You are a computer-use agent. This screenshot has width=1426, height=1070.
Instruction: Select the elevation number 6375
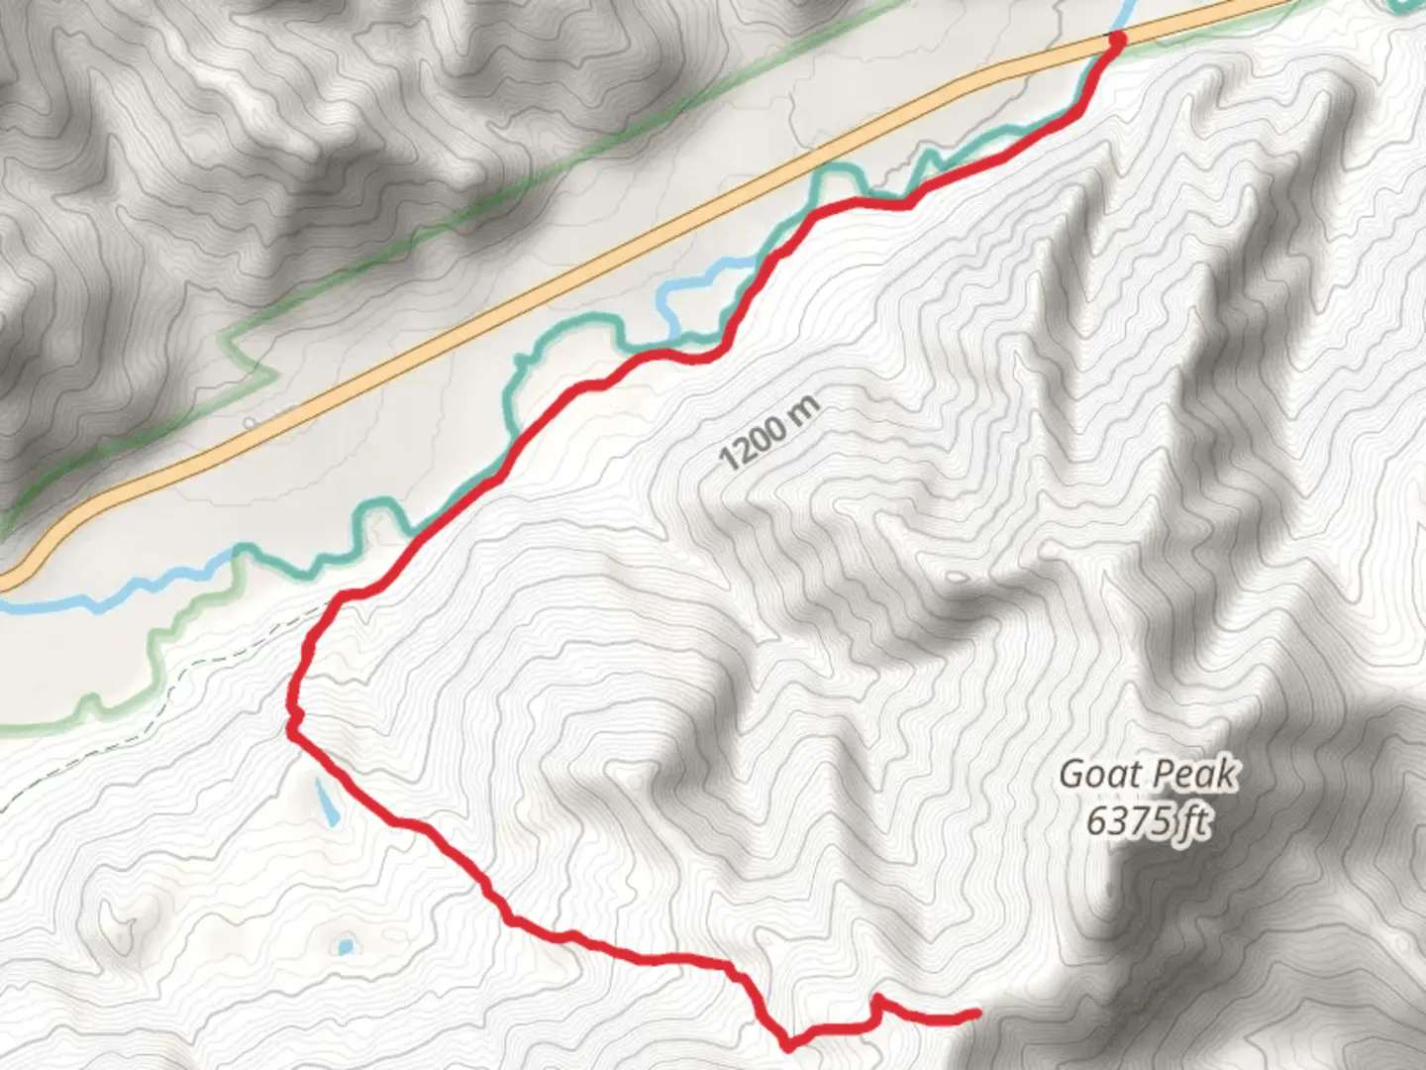coord(1126,821)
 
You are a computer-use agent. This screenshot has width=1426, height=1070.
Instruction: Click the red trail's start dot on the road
coord(1117,40)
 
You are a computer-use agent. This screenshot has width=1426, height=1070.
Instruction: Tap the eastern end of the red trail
coord(975,1013)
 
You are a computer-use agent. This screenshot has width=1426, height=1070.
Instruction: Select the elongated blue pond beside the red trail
coord(326,802)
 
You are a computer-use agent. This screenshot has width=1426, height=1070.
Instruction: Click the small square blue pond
coord(344,947)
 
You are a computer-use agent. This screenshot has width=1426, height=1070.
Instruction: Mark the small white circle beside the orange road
coord(250,422)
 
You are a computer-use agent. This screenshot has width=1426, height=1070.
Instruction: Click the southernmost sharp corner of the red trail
coord(788,1044)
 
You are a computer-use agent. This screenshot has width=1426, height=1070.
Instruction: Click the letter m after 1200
coord(808,408)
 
